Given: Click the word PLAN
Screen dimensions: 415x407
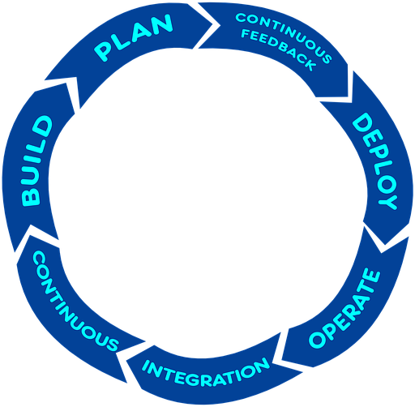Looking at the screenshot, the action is tap(133, 37).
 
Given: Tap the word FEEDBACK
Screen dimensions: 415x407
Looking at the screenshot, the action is tap(278, 49).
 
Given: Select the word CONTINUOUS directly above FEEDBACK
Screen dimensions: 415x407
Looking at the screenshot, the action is tap(284, 34).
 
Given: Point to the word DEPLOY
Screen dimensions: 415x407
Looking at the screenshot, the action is tap(375, 161).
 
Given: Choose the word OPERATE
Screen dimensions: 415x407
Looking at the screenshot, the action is tap(344, 309).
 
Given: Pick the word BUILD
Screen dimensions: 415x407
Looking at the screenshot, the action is tap(37, 161).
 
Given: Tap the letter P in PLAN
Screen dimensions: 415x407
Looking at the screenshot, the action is tap(104, 51).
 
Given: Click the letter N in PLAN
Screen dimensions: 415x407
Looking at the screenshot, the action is tap(161, 24).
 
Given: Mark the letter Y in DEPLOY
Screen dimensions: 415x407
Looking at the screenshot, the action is tap(388, 202).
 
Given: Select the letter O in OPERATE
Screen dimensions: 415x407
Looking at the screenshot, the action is tap(318, 339).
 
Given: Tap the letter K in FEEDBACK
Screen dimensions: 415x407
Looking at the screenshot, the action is tap(309, 64).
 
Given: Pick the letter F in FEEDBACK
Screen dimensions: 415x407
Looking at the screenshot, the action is tap(246, 34).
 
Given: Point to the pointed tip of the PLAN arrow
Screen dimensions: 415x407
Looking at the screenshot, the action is tap(220, 25).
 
